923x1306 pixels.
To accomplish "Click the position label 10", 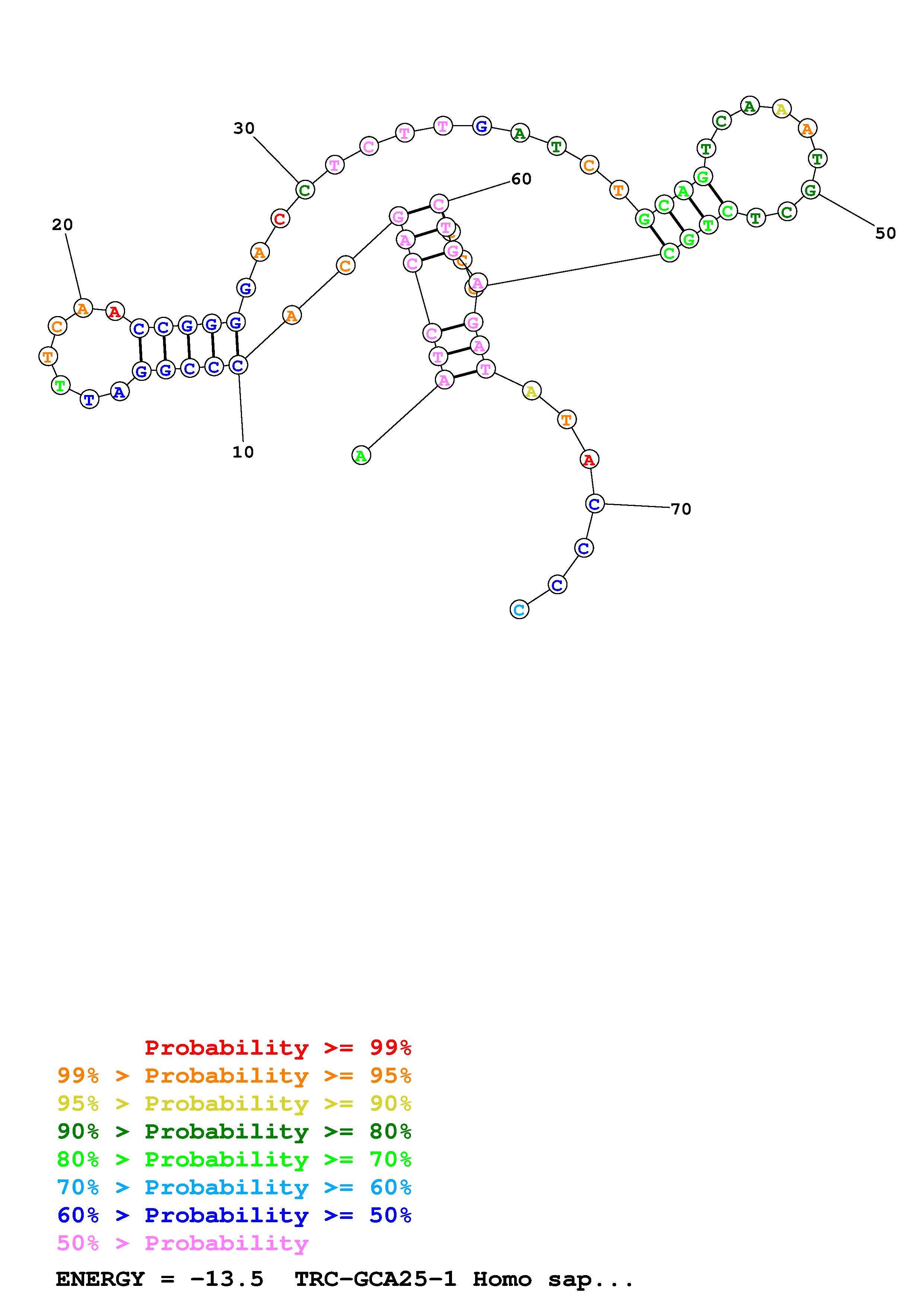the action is pos(243,452).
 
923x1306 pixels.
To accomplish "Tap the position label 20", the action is pos(63,225).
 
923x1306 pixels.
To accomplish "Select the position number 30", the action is pos(244,128).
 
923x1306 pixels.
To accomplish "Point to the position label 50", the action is pos(885,233).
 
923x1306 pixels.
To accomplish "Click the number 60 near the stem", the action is pos(521,179).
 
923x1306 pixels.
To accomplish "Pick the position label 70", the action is pos(681,509).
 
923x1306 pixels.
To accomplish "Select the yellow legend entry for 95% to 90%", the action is pos(234,1103).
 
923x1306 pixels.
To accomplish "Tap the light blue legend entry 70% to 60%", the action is pos(234,1188).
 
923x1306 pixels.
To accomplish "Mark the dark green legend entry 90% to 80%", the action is pos(234,1131).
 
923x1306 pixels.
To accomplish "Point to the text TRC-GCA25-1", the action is pos(375,1279).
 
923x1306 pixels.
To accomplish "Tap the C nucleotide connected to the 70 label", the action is pos(594,503).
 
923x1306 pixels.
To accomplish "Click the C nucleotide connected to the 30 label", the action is pos(305,189).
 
